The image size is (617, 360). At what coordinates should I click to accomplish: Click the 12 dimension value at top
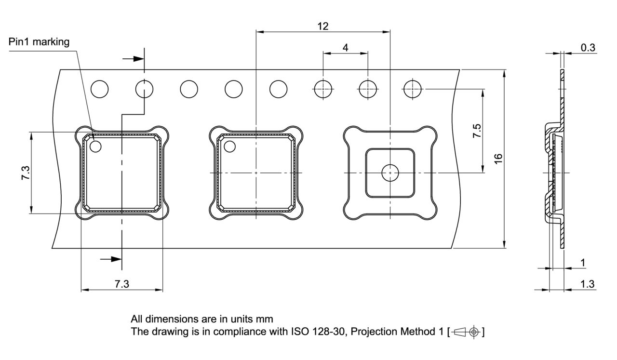click(323, 26)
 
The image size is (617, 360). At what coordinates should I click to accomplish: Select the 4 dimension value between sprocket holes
click(345, 47)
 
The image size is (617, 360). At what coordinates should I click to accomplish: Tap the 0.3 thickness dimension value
click(588, 47)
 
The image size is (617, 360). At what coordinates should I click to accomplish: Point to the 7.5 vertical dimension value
click(477, 131)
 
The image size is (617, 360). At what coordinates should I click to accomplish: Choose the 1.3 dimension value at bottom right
click(587, 284)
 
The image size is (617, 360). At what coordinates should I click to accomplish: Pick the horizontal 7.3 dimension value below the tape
click(122, 284)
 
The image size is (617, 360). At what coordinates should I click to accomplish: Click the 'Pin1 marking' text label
click(39, 42)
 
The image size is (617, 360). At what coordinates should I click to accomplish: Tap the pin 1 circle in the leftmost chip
click(95, 146)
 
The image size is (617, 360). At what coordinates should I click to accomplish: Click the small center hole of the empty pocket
click(389, 173)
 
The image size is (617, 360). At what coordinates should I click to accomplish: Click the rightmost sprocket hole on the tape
click(413, 89)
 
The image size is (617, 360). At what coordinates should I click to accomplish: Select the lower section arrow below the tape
click(111, 259)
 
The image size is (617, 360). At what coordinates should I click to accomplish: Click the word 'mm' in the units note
click(266, 319)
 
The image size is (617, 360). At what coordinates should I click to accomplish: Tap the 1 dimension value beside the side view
click(583, 263)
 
